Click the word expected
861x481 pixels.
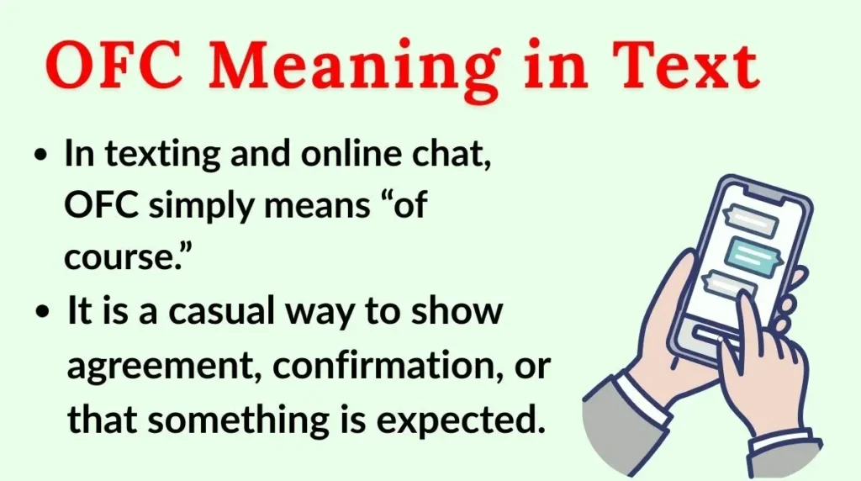coord(462,420)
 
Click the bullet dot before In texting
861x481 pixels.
coord(40,156)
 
